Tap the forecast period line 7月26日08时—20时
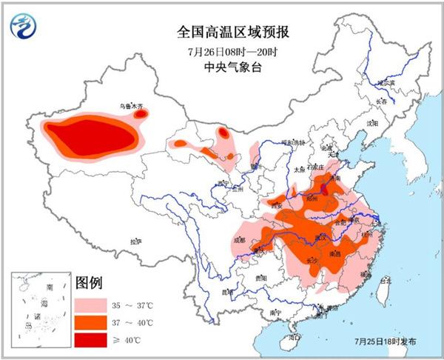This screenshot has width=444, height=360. (x=223, y=51)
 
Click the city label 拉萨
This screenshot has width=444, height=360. (x=134, y=241)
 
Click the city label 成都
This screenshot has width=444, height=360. (x=238, y=239)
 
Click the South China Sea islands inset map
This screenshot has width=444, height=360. (x=40, y=304)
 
